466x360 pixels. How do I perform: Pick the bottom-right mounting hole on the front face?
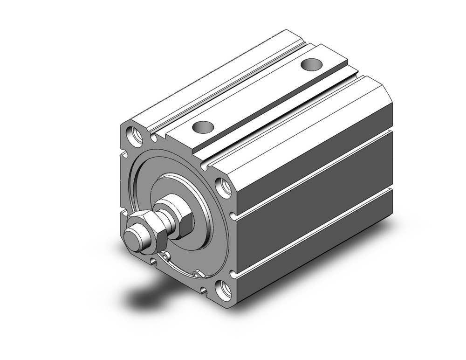click(x=224, y=290)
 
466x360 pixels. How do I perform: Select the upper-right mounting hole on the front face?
click(x=225, y=187)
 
